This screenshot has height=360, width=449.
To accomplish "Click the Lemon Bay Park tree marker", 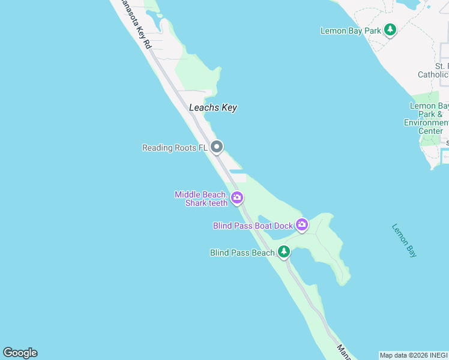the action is point(390,29).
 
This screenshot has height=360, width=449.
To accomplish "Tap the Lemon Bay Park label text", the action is point(351,31).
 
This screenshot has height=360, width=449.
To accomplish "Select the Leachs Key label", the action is point(212,108).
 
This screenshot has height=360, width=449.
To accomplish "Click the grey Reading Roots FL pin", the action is point(217,146).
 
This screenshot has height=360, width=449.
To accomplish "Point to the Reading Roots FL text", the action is point(175,148).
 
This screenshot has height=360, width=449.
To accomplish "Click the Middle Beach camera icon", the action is point(237,197).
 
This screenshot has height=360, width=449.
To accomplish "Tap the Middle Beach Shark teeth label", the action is point(201,199).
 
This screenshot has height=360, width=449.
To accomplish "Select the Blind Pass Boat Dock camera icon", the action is point(301,225).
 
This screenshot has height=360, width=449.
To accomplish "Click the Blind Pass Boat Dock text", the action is point(253,226).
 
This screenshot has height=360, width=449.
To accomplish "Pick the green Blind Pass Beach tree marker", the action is point(284,252).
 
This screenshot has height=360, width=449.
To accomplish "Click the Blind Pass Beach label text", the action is point(242,253).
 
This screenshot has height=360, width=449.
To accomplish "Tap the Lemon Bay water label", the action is point(404,240).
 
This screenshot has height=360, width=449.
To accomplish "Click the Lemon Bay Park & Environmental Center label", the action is point(427,118).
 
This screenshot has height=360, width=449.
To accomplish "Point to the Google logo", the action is point(20,353).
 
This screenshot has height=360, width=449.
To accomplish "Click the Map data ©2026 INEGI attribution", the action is point(414,355).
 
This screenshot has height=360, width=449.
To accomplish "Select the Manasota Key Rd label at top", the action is point(136,24).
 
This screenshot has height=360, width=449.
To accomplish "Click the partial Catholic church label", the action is point(433,74).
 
